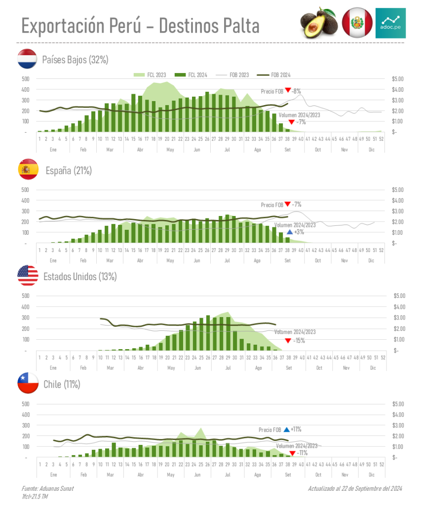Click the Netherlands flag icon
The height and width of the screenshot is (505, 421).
pos(28,59)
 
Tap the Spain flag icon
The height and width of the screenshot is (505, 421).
pos(28,170)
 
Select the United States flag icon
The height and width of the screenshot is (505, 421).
pos(28,276)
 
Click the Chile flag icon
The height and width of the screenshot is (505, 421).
pos(28,383)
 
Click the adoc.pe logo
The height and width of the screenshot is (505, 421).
pos(390,23)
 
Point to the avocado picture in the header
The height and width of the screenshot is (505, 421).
pos(319,23)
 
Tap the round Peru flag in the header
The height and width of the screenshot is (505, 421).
pos(357,23)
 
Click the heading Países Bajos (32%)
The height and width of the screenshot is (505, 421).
pos(75,60)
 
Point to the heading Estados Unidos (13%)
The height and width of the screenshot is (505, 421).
pos(80,276)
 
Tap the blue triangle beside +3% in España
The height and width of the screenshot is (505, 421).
pos(290,232)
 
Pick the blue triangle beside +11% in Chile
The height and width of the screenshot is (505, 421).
pos(286,430)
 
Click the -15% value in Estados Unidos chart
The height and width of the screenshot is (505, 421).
pos(299,341)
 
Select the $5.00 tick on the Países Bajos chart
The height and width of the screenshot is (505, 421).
pos(397,79)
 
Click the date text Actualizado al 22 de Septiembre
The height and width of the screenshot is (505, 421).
pos(355,488)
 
